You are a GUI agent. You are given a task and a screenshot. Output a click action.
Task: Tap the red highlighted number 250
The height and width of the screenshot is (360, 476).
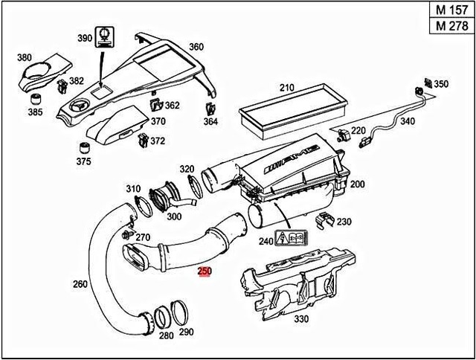204,273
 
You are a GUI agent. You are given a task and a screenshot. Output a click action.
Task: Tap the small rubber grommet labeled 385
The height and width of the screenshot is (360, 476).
34,99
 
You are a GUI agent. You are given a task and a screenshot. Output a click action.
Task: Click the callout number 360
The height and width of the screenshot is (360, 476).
196,47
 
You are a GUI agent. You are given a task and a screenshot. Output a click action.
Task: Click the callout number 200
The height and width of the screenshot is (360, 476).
358,184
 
